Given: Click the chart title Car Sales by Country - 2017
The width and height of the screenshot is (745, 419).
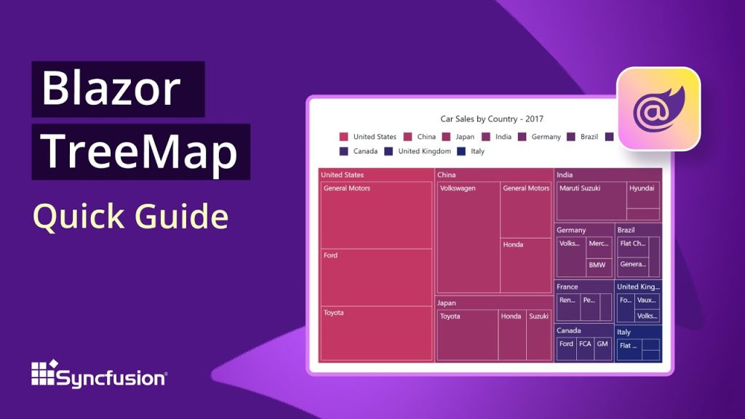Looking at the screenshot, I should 492,119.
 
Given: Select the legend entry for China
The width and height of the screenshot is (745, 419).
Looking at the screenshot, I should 421,137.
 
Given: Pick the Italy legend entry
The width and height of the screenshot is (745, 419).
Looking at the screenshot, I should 471,151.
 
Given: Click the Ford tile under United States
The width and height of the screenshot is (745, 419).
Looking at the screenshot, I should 377,277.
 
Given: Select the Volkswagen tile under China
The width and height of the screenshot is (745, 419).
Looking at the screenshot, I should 468,237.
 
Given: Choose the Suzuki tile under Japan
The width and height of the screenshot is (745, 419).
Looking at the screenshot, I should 539,335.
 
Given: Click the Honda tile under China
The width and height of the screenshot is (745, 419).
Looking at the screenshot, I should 526,266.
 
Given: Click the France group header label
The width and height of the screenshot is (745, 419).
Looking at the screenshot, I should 567,287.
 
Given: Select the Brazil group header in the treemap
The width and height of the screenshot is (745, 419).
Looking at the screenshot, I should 626,230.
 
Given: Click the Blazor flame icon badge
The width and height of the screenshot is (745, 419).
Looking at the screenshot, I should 658,109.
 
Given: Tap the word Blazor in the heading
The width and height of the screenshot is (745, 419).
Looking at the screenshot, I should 111,89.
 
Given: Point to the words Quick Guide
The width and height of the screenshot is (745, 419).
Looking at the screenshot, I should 131,216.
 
